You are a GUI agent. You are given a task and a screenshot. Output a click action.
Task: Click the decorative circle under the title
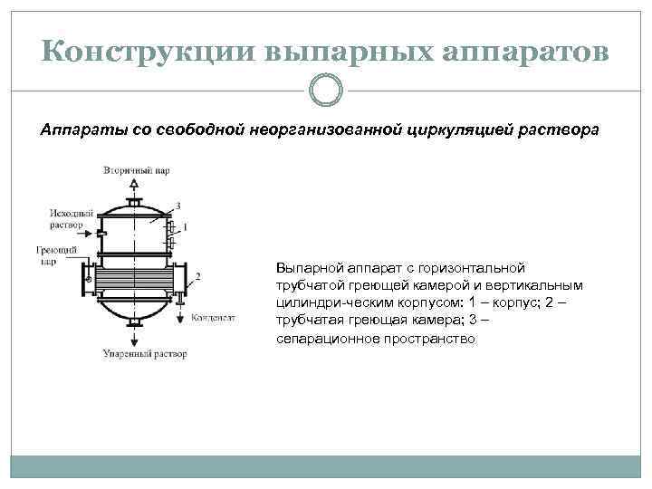(326, 90)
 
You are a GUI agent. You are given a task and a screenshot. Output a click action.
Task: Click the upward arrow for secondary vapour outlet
(136, 187)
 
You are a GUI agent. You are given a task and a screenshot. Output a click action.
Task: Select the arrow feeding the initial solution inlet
(89, 232)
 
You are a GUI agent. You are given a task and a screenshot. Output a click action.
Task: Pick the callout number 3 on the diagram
(178, 206)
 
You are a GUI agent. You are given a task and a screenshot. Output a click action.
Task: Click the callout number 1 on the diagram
(185, 225)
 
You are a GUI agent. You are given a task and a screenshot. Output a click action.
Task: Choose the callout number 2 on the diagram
(198, 275)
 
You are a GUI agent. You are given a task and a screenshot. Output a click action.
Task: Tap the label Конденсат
(214, 319)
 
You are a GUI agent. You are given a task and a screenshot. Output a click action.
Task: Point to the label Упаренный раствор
(145, 353)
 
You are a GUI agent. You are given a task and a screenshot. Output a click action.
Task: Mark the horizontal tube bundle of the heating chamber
(136, 276)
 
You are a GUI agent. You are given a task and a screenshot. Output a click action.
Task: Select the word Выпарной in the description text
(308, 268)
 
